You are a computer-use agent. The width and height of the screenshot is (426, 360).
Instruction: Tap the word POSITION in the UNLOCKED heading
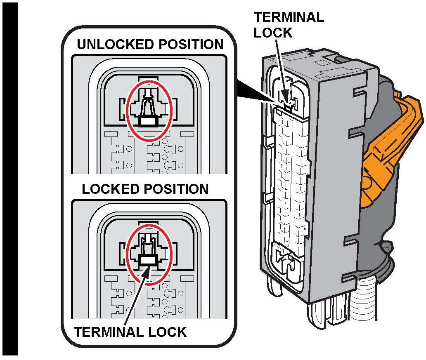coord(188,45)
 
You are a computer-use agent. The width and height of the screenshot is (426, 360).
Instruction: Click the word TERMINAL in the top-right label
coord(289,17)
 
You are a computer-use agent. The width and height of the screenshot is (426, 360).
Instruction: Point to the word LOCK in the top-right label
coord(273,33)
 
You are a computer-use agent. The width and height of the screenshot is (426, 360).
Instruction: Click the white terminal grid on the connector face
coord(291,177)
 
